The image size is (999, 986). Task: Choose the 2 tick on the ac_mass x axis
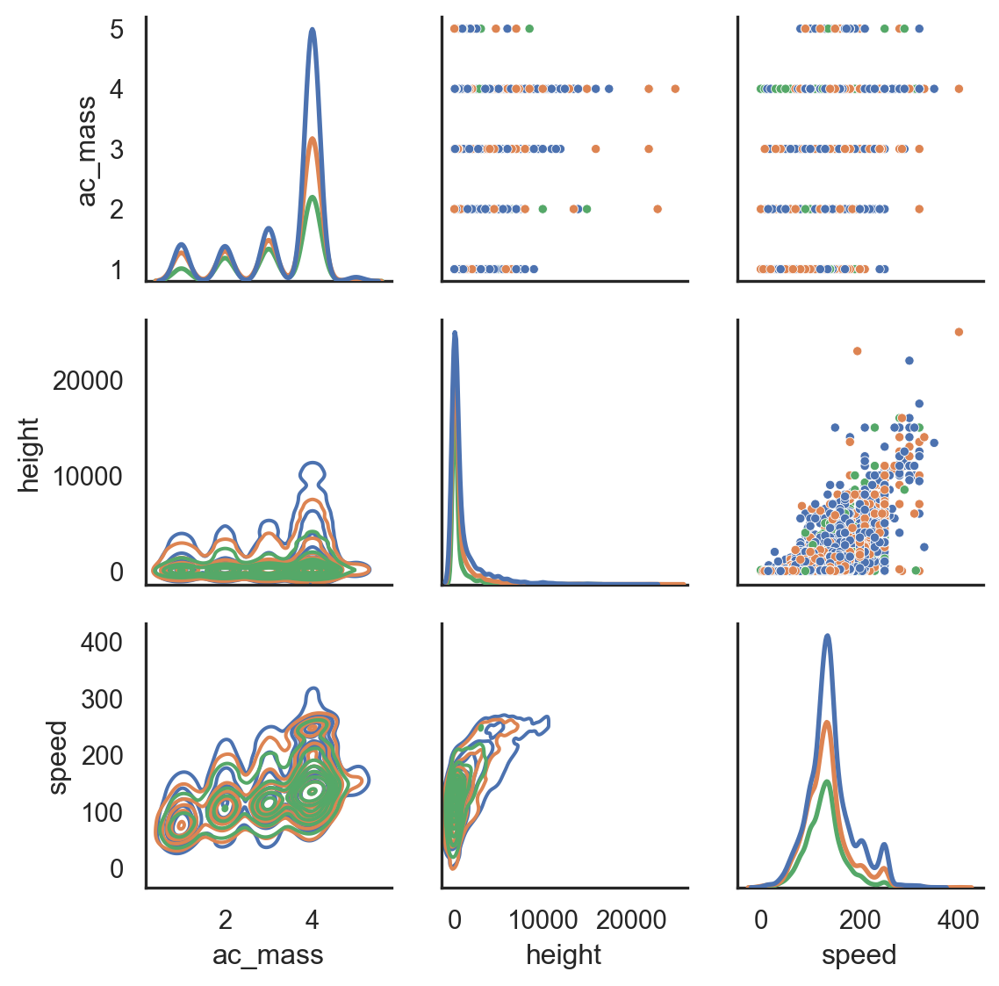[x=226, y=919]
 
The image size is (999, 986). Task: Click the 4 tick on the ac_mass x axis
[x=312, y=919]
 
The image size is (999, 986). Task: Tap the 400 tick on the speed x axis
[x=958, y=919]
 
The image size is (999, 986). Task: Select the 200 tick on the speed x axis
[x=859, y=919]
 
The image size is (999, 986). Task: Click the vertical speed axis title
[x=58, y=757]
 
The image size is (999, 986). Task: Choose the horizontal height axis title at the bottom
[x=564, y=955]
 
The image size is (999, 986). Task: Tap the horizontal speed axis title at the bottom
[x=859, y=955]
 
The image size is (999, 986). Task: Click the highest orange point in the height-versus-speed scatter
[x=959, y=332]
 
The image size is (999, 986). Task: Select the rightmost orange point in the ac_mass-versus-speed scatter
[x=959, y=89]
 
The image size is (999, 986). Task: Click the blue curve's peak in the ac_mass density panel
[x=312, y=30]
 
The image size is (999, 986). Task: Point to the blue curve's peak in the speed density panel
[x=827, y=636]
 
